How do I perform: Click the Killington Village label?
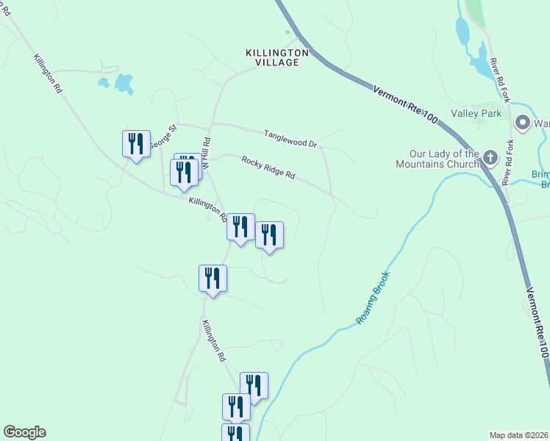272,58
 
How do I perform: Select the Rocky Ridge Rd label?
268,168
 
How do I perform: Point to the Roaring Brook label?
372,298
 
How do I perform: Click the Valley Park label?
476,113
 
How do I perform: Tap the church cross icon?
490,157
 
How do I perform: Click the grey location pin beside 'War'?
523,122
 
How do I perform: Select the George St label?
163,137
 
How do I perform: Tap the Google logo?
24,432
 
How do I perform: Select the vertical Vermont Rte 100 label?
540,322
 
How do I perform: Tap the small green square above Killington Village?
288,32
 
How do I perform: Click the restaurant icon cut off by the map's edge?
235,433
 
